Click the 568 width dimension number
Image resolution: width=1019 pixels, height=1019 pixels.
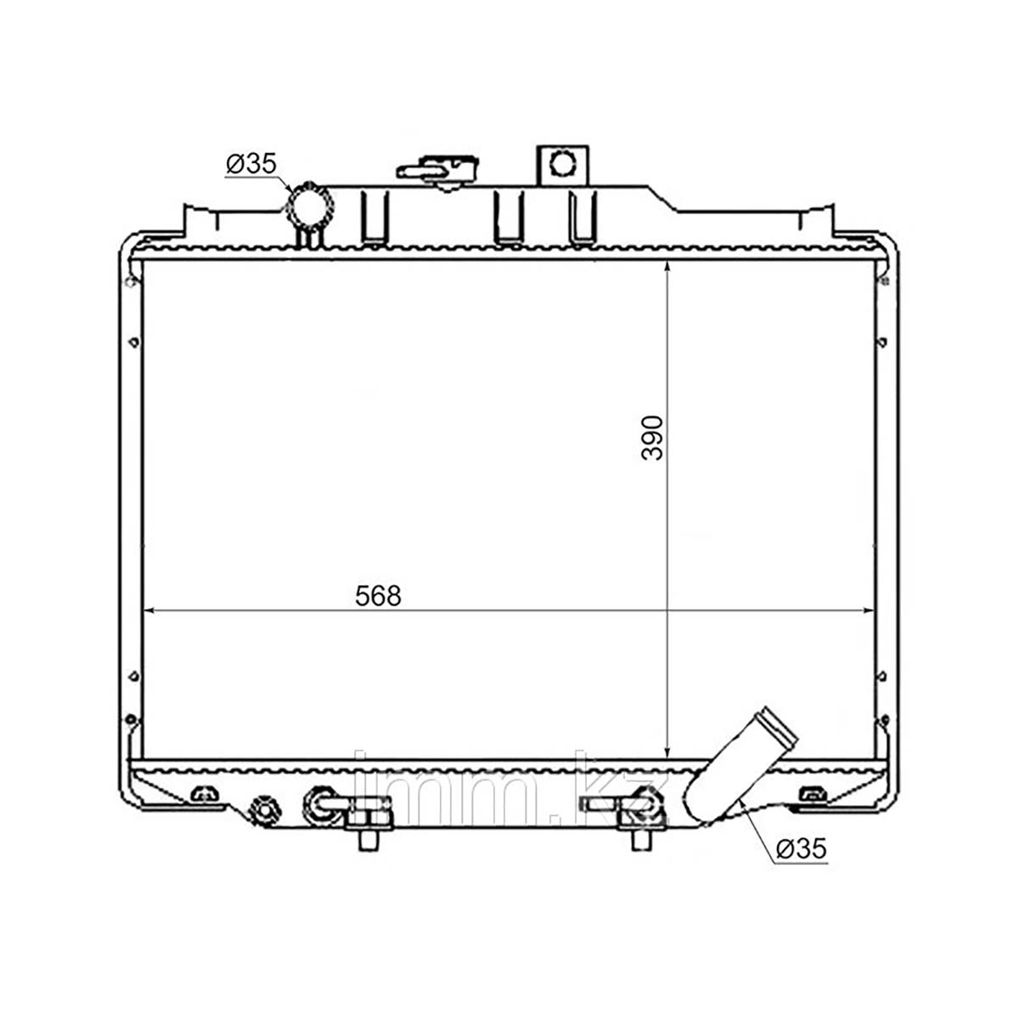(378, 596)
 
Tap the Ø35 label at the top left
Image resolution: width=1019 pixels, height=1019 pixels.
(251, 164)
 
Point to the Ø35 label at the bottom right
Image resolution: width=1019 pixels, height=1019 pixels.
(801, 848)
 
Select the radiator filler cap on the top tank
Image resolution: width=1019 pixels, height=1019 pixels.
(438, 171)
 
